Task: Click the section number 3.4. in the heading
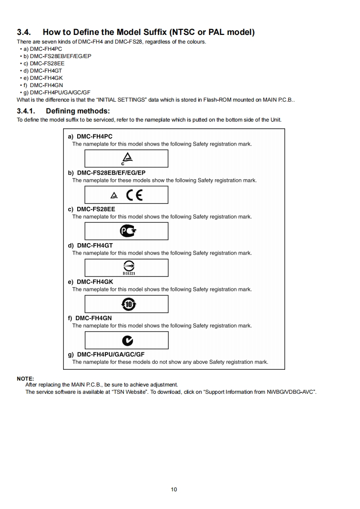pyautogui.click(x=25, y=32)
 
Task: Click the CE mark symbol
pyautogui.click(x=134, y=195)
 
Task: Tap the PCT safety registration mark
pyautogui.click(x=128, y=231)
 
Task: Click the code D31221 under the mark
pyautogui.click(x=129, y=274)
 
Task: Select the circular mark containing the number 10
pyautogui.click(x=128, y=304)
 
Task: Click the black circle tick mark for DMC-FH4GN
pyautogui.click(x=128, y=341)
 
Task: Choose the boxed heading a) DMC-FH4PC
pyautogui.click(x=90, y=137)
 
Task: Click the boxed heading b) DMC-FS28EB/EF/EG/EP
pyautogui.click(x=107, y=173)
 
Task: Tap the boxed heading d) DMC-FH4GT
pyautogui.click(x=90, y=245)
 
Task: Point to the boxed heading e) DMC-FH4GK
pyautogui.click(x=90, y=282)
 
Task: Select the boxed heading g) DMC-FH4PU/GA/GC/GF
pyautogui.click(x=106, y=354)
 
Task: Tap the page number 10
pyautogui.click(x=174, y=489)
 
